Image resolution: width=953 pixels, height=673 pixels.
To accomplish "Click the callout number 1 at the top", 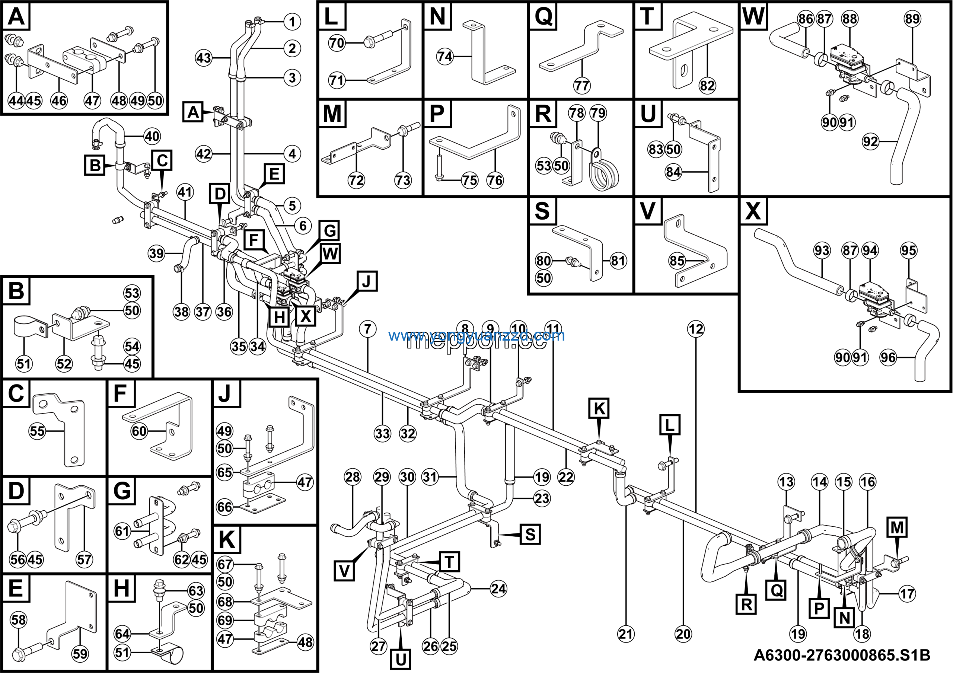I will tap(292, 22).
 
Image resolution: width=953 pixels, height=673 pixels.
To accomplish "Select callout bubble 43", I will tap(204, 58).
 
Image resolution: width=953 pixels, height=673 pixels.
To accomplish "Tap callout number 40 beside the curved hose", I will tap(152, 136).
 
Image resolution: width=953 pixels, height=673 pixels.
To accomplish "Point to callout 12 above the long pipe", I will tap(696, 329).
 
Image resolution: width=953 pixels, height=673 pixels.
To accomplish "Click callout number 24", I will tap(498, 589).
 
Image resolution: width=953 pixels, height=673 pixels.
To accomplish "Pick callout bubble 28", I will tap(353, 477).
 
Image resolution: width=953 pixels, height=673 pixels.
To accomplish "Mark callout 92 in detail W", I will tap(870, 141).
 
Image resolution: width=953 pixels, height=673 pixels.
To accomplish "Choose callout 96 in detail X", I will tap(888, 357).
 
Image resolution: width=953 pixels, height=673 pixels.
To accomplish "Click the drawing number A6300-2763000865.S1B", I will tap(841, 655).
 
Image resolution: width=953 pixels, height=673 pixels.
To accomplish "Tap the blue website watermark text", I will tap(476, 335).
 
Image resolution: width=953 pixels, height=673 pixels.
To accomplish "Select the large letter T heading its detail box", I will tap(647, 17).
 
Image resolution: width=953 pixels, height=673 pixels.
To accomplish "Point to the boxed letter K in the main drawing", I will tap(599, 408).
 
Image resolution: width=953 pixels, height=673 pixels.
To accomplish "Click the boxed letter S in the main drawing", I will tap(530, 534).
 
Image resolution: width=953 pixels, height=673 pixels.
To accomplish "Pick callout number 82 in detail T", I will tap(707, 86).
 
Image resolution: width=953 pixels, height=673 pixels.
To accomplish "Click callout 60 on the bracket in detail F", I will tap(139, 431).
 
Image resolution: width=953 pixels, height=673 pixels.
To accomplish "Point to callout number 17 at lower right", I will tap(907, 593).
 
